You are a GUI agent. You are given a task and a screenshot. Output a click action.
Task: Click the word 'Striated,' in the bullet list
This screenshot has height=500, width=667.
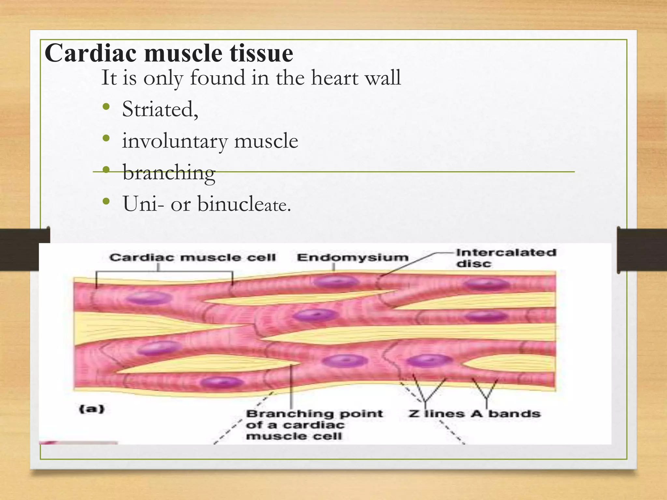(x=160, y=109)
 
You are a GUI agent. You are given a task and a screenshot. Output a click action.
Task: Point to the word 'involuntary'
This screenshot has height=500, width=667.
(x=174, y=141)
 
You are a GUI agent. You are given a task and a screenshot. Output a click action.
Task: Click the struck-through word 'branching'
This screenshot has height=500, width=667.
(x=169, y=172)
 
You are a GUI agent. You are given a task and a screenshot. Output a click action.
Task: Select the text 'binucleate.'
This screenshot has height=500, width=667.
(x=244, y=204)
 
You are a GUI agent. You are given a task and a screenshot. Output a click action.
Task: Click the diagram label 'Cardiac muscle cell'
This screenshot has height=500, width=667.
(x=192, y=257)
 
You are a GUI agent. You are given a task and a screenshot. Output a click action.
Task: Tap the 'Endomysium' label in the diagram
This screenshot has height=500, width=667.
(x=352, y=257)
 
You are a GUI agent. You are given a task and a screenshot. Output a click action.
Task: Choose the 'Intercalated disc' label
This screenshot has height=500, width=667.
(x=505, y=258)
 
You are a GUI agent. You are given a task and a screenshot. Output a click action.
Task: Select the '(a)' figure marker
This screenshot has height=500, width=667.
(x=92, y=409)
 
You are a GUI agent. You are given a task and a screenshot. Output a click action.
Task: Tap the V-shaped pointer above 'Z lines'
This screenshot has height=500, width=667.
(x=426, y=392)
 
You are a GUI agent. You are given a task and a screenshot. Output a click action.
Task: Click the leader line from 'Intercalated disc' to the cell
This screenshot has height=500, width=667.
(x=410, y=263)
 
